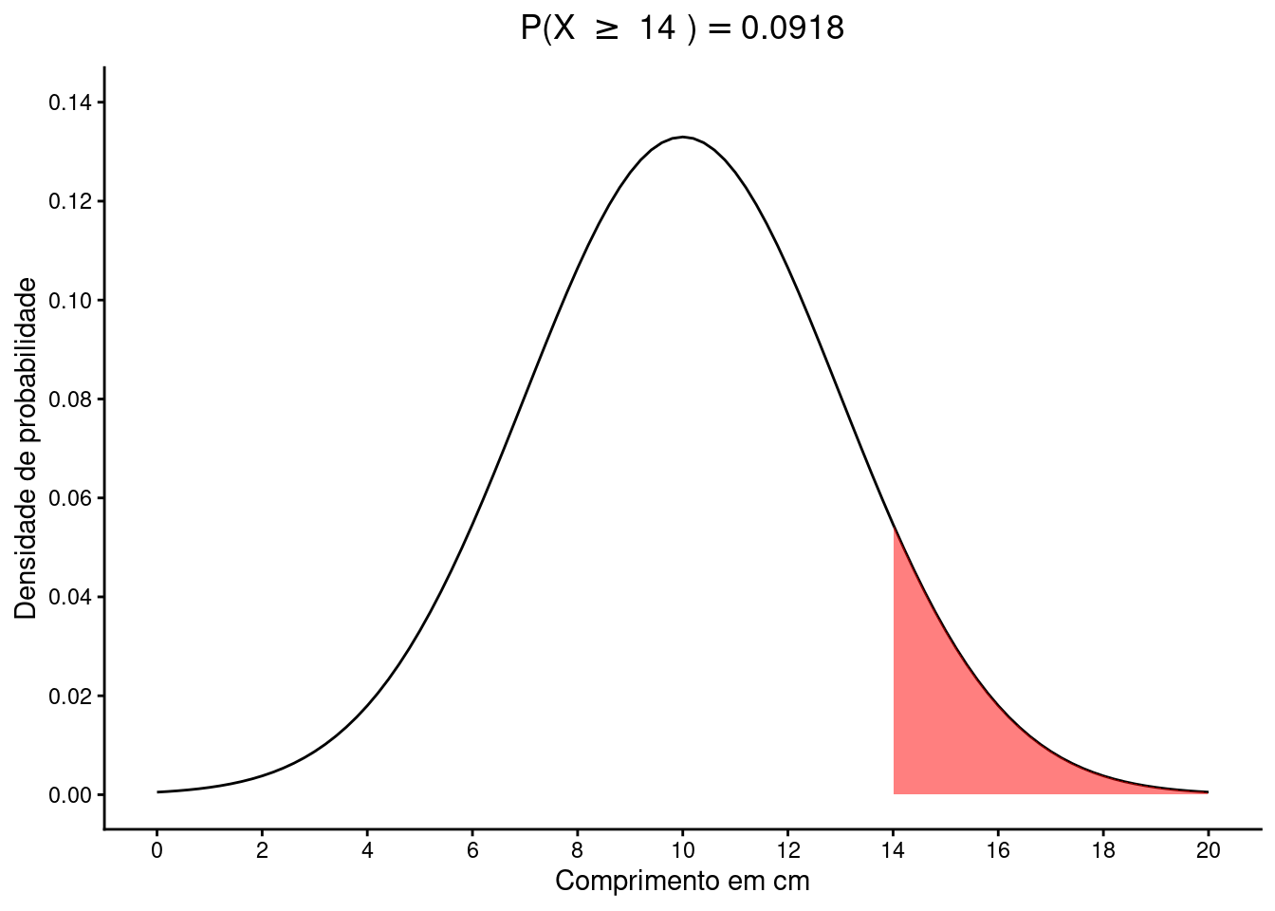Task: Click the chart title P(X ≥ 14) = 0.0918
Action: pyautogui.click(x=682, y=29)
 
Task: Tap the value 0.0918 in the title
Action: pyautogui.click(x=792, y=29)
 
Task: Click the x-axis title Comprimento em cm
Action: pyautogui.click(x=682, y=882)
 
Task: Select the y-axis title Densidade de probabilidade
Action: pyautogui.click(x=27, y=448)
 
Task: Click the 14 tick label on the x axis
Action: pyautogui.click(x=893, y=850)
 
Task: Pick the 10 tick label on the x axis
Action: pyautogui.click(x=682, y=850)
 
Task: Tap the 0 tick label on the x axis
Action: pyautogui.click(x=157, y=850)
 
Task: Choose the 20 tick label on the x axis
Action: pyautogui.click(x=1208, y=850)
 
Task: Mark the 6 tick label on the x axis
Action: pyautogui.click(x=472, y=850)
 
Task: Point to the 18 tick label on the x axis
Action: pyautogui.click(x=1102, y=850)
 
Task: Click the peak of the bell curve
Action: pyautogui.click(x=682, y=138)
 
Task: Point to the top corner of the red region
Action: pyautogui.click(x=894, y=527)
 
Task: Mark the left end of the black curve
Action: pyautogui.click(x=158, y=791)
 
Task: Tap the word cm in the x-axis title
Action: pyautogui.click(x=791, y=882)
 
